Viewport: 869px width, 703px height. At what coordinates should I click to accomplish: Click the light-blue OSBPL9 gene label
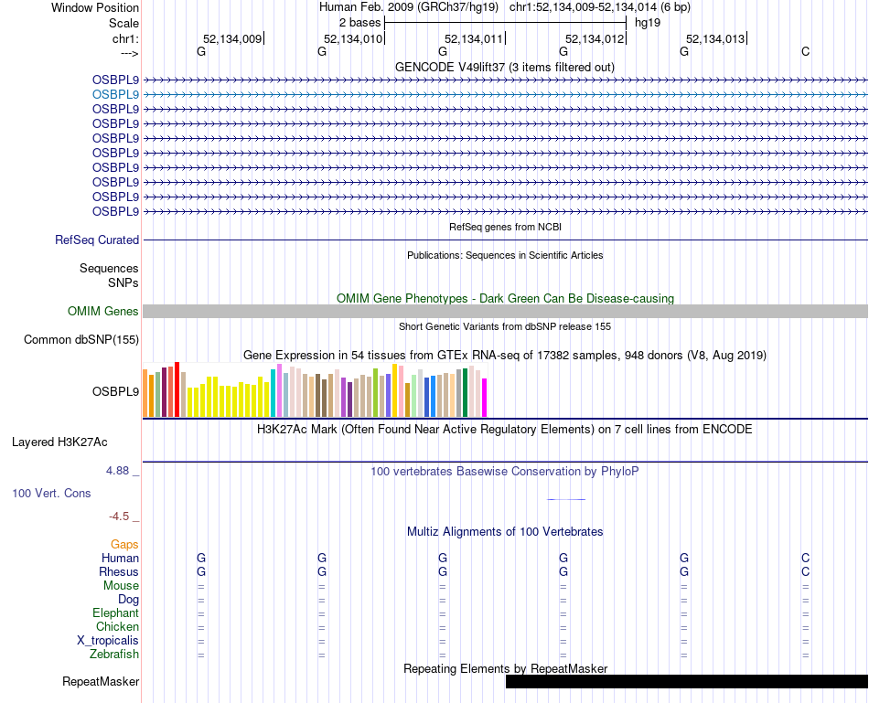coord(115,94)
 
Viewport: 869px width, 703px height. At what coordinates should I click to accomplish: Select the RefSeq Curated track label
coord(97,240)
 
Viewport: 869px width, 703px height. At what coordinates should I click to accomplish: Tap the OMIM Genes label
coord(103,312)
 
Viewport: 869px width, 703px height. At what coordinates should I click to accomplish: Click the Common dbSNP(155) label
coord(80,340)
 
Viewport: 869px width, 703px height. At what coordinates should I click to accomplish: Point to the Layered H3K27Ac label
coord(59,442)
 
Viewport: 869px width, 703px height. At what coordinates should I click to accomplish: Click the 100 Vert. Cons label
coord(51,494)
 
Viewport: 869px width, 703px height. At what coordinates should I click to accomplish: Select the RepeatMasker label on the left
coord(101,682)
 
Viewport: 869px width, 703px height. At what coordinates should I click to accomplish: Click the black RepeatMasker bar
coord(686,682)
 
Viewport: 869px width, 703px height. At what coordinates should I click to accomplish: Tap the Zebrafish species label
coord(114,655)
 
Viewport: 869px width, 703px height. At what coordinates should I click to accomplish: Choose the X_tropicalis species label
coord(108,641)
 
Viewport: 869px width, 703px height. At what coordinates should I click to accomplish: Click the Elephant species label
coord(115,613)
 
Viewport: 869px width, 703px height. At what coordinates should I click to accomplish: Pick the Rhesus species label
coord(119,572)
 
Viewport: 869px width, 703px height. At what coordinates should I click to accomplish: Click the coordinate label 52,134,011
coord(474,39)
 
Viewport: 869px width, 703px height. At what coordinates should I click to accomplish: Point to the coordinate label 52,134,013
coord(715,39)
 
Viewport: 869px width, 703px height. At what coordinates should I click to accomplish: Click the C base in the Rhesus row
coord(805,572)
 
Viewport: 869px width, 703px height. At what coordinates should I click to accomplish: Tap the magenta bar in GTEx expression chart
coord(485,398)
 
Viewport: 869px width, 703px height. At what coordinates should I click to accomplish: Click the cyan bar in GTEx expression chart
coord(273,393)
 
